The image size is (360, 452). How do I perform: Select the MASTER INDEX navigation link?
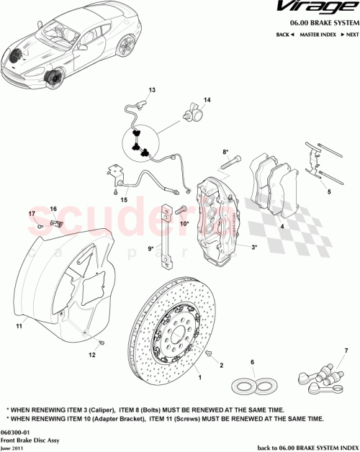pos(318,35)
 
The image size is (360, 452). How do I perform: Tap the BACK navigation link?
pos(285,35)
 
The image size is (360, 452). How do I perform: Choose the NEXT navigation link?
pos(351,35)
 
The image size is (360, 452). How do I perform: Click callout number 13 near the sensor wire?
pos(152,90)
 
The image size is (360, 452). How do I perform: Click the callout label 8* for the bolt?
pos(225,152)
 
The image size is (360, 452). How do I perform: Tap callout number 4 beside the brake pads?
pos(282,227)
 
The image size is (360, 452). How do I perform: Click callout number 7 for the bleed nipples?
pos(346,351)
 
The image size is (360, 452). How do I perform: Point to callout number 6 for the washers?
pos(252,362)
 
